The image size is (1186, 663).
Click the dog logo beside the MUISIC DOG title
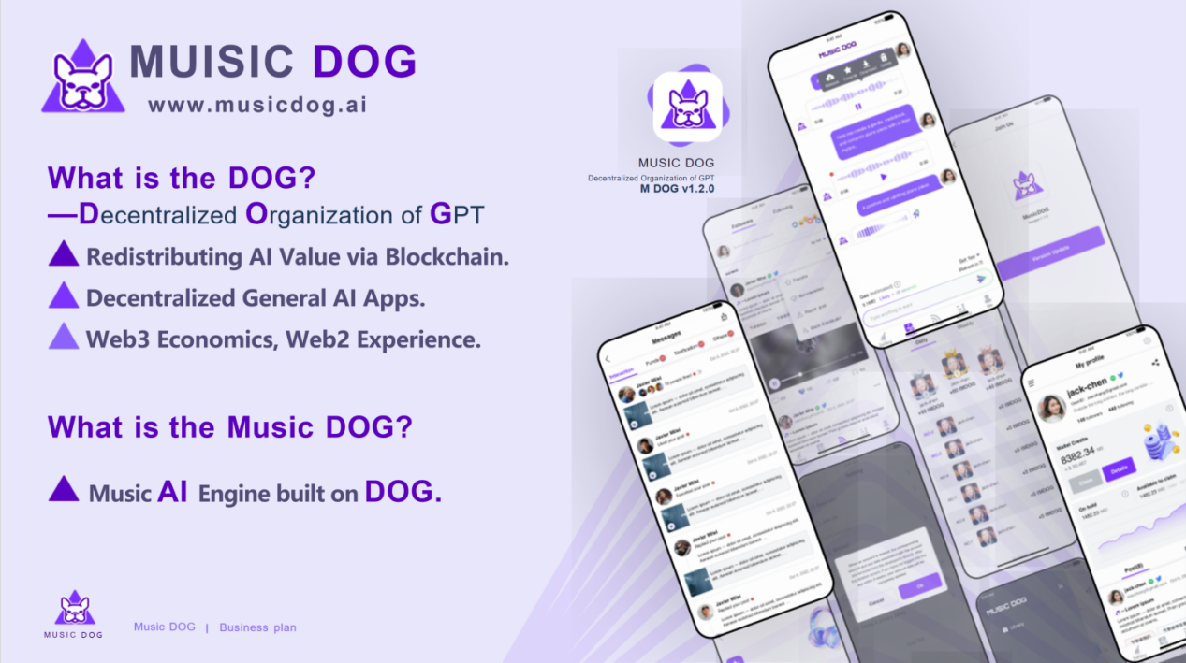[x=83, y=78]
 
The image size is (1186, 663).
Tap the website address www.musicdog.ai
[x=257, y=105]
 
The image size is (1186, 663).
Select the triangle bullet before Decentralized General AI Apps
[x=64, y=295]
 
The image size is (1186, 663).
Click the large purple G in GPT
[x=441, y=214]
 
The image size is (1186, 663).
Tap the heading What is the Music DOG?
[x=229, y=427]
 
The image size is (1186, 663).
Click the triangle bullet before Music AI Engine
[x=64, y=490]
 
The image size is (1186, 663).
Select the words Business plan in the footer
[x=257, y=627]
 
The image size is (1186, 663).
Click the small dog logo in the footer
[x=73, y=608]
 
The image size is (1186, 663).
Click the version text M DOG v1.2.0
[x=677, y=189]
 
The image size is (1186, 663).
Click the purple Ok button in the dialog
[x=919, y=586]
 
